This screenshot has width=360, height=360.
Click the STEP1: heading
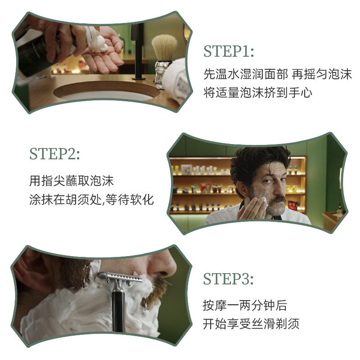(x=229, y=51)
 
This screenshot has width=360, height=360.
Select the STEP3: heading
(x=228, y=279)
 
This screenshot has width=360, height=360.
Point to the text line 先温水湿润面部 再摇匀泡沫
(x=277, y=74)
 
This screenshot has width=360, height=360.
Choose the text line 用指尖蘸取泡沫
(x=72, y=181)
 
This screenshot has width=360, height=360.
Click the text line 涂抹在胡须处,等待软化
(x=91, y=199)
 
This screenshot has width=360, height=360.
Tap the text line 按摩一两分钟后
(x=244, y=306)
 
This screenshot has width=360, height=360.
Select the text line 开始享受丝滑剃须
(x=251, y=324)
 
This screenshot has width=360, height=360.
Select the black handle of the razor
(x=119, y=310)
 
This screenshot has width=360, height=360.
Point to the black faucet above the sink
(x=138, y=49)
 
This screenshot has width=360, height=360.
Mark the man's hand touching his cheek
(x=252, y=208)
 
